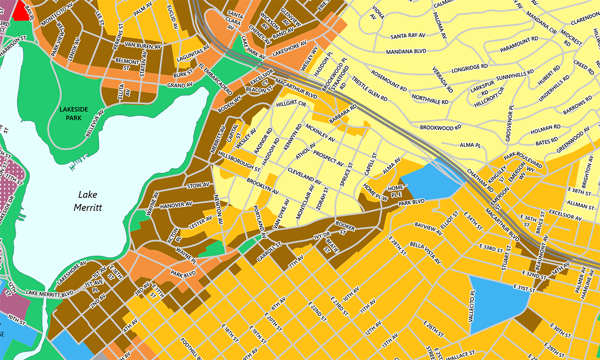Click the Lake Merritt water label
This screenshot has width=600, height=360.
pos(87,200)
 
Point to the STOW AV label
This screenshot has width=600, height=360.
pos(197,185)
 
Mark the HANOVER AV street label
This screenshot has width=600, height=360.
pos(175,205)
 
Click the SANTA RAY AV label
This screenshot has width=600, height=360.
pos(409,36)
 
